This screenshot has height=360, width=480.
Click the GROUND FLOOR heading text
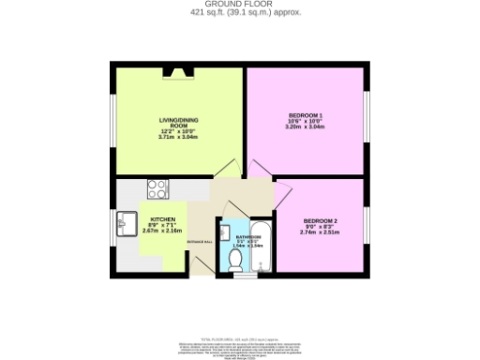coord(239,4)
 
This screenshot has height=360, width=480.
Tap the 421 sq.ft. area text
coord(239,13)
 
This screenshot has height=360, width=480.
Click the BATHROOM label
coord(242,237)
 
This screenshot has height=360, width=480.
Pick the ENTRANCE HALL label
coord(202,243)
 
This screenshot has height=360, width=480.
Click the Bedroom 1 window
coord(367,119)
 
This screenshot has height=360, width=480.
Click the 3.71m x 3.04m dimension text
coord(176,138)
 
